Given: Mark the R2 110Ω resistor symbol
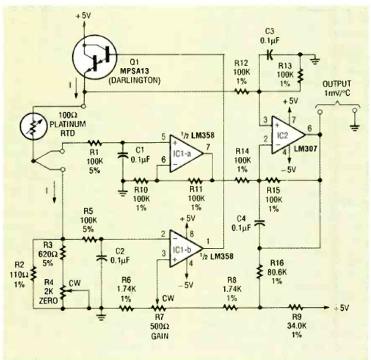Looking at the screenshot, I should [x=33, y=274].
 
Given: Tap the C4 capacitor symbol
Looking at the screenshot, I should [x=259, y=223].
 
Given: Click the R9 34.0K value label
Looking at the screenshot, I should [x=296, y=325].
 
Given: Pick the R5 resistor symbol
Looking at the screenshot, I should [x=89, y=239].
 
